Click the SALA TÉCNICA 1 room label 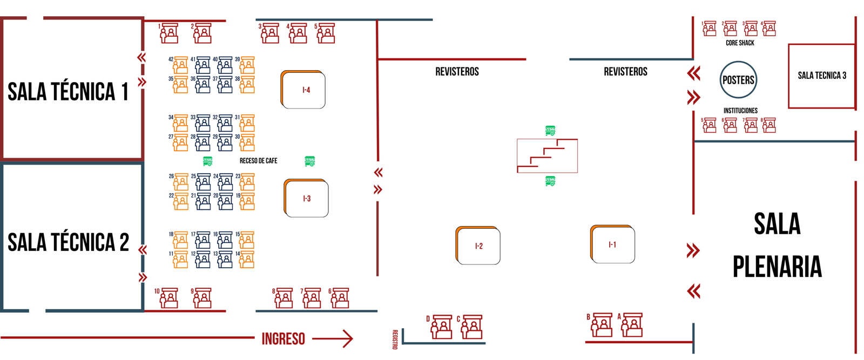coord(68,92)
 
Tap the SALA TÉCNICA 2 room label coord(68,242)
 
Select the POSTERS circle coord(738,80)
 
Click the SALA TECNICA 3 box coord(821,76)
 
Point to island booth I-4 coord(303,90)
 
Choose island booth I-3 coord(307,198)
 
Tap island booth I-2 coord(478,246)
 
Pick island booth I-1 coord(613,244)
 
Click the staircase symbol coord(547,156)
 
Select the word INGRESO coord(283,339)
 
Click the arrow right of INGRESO coord(333,338)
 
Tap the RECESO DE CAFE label coord(258,161)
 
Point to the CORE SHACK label coord(740,43)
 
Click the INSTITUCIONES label coord(740,111)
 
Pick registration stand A coord(632,325)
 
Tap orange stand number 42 coord(180,65)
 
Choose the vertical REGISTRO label coord(395,339)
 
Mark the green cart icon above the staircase coord(550,130)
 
